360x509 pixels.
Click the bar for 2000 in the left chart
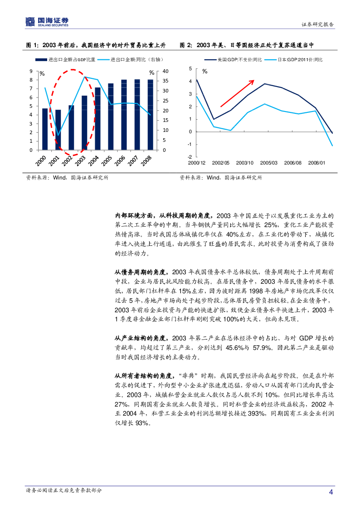tap(45, 129)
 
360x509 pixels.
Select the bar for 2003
tap(84, 123)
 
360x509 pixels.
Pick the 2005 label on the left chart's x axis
tap(107, 160)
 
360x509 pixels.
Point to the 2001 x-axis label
tap(55, 160)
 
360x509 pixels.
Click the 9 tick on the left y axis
tap(31, 71)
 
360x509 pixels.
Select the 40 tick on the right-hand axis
tap(165, 71)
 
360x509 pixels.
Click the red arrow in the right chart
tap(237, 93)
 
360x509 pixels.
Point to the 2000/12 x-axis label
tap(196, 162)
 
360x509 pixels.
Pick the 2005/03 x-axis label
tap(268, 162)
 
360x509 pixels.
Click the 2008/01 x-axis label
tap(316, 162)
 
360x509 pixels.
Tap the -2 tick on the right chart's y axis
tap(190, 157)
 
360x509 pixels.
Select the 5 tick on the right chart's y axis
tap(190, 69)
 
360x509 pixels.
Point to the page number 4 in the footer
tap(331, 492)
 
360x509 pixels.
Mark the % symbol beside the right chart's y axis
tap(205, 72)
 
